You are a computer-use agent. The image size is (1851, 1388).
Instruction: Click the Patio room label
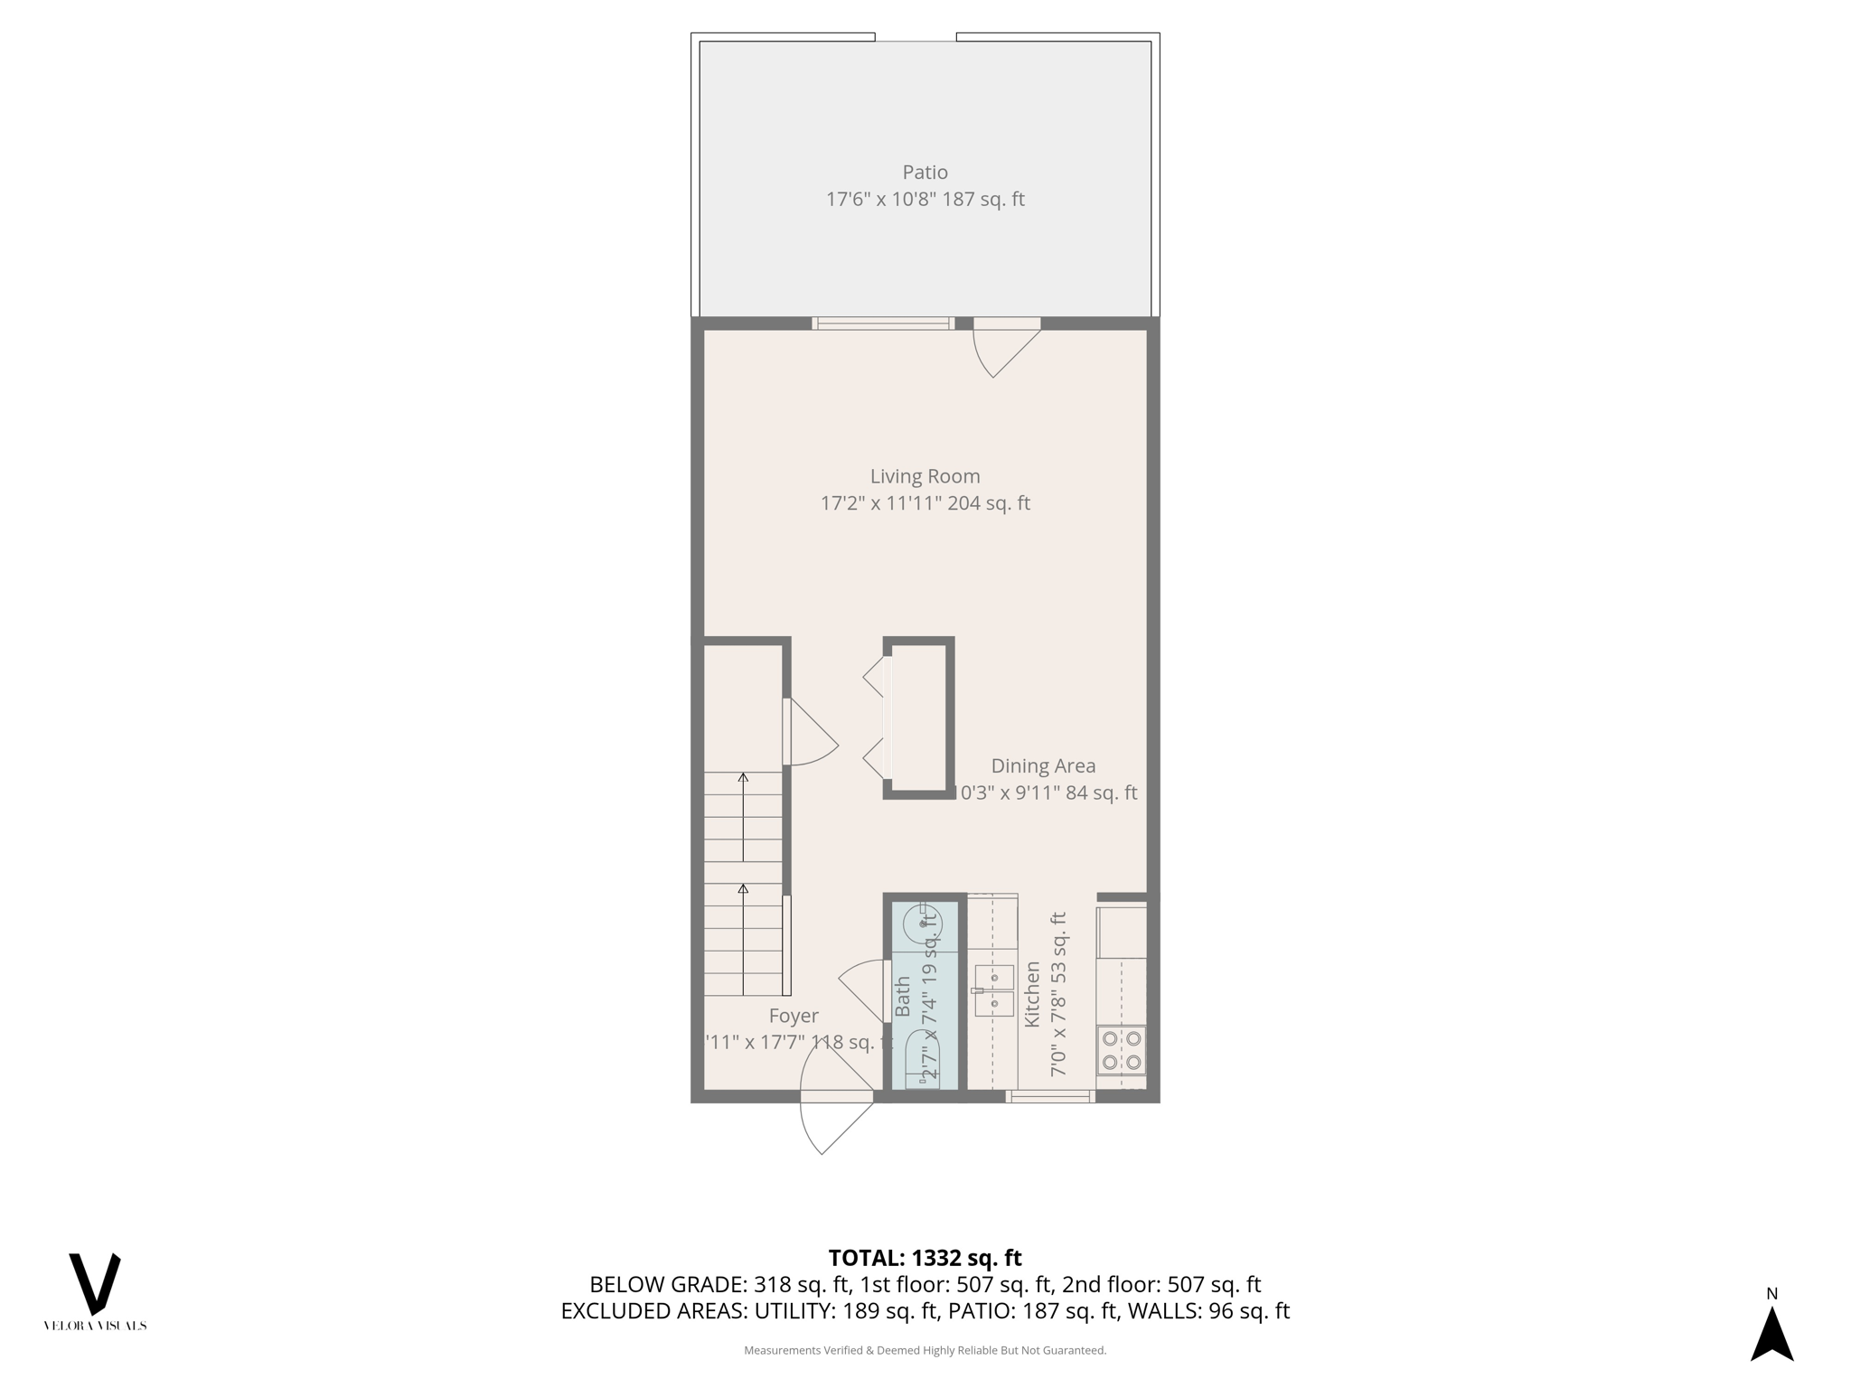(x=925, y=173)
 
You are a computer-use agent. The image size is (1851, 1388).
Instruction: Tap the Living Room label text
(x=925, y=476)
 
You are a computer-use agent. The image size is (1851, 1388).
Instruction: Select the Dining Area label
(x=1043, y=766)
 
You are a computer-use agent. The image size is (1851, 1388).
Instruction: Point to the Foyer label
(x=794, y=1016)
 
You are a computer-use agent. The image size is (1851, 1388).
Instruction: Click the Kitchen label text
(x=1032, y=994)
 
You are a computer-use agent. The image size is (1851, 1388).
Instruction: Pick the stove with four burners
(x=1122, y=1050)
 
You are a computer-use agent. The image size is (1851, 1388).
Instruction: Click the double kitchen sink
(x=994, y=990)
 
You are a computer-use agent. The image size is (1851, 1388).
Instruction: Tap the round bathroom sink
(x=923, y=924)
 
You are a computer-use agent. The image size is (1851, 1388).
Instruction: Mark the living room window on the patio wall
(x=883, y=324)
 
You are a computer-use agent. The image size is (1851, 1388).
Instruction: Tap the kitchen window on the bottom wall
(x=1049, y=1097)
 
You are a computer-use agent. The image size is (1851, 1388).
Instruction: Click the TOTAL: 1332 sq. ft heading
(x=925, y=1258)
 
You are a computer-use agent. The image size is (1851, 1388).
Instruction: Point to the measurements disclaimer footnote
(x=925, y=1350)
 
